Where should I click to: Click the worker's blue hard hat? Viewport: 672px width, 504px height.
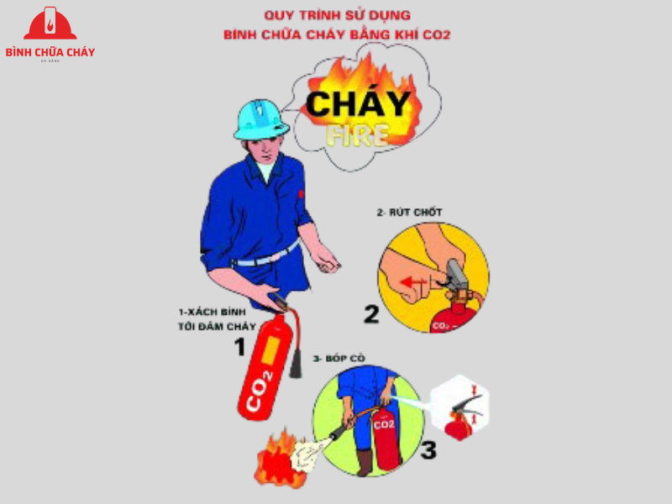261,119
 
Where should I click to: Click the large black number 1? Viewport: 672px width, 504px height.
239,346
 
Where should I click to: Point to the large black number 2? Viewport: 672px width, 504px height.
371,314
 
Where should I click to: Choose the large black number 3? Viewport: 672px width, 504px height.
428,450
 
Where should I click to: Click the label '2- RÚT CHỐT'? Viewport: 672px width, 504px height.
409,213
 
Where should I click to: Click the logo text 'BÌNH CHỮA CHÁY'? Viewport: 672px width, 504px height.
50,52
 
